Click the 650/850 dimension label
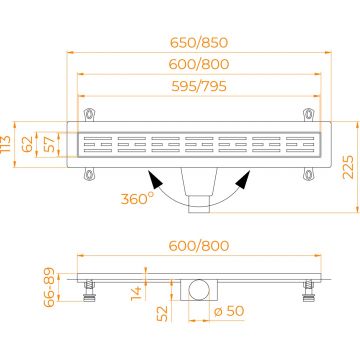click(x=199, y=43)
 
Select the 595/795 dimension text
click(x=199, y=87)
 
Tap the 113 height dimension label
click(x=6, y=144)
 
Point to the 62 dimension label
click(x=28, y=144)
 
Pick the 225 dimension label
click(x=348, y=167)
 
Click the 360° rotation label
click(x=137, y=199)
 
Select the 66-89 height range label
click(x=50, y=286)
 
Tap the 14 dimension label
click(x=137, y=293)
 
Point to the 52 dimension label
click(x=163, y=314)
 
